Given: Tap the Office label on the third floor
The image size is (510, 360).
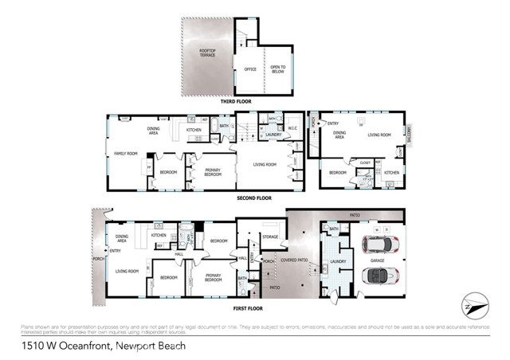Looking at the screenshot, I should point(249,69).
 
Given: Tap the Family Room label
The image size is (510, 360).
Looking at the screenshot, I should point(126,153).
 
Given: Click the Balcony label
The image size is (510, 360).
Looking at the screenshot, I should point(410,134).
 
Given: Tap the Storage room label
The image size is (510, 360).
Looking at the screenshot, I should point(269,237).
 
